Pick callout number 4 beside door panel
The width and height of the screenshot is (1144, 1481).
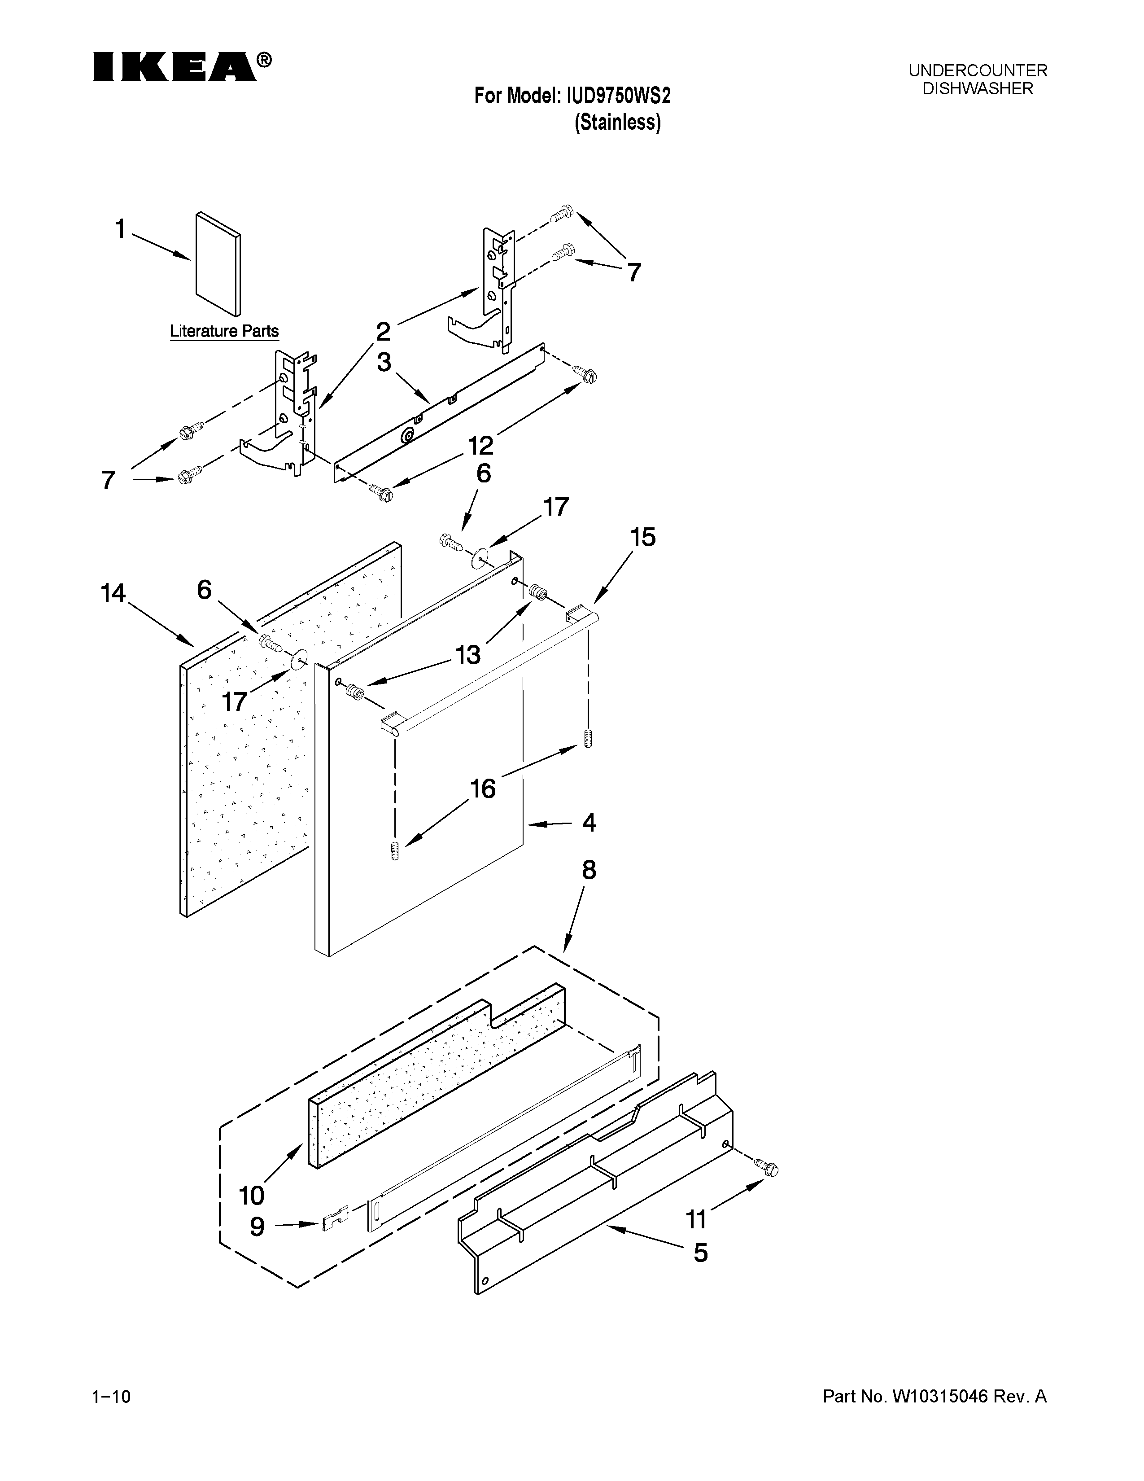tap(589, 823)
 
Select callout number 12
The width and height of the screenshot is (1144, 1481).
tap(480, 446)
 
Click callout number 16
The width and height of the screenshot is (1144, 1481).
tap(483, 789)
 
